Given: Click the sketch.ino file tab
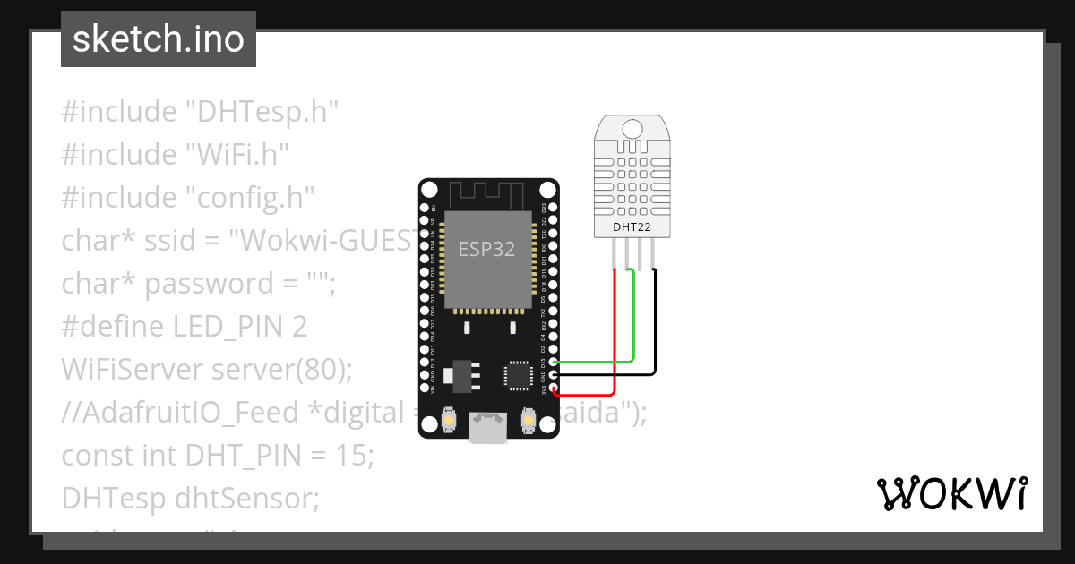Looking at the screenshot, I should pyautogui.click(x=159, y=39).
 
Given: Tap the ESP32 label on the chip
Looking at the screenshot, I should pyautogui.click(x=486, y=249).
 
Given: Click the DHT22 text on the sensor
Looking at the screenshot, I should pyautogui.click(x=632, y=227).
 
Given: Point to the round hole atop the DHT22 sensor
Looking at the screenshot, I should pyautogui.click(x=632, y=127).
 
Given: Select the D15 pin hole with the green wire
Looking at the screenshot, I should pyautogui.click(x=555, y=363).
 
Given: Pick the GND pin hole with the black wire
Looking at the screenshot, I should pyautogui.click(x=555, y=376).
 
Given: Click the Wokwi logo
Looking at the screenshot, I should pyautogui.click(x=951, y=494).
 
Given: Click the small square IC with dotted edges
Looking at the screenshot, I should pyautogui.click(x=519, y=375).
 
